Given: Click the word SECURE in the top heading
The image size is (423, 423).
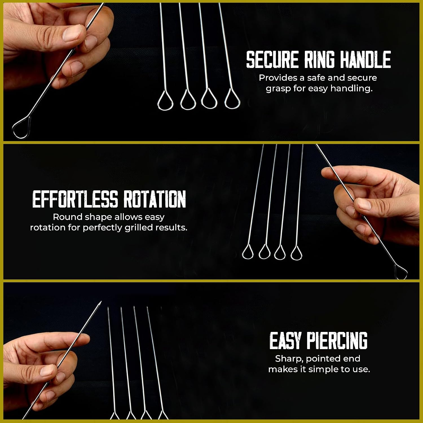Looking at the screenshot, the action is [272, 60].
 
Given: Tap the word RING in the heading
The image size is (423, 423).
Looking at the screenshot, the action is [319, 60].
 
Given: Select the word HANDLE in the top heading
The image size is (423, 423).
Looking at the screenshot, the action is [365, 60].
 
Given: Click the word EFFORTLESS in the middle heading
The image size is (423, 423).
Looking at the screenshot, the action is [75, 199].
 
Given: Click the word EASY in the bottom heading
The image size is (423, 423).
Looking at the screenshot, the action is [285, 341].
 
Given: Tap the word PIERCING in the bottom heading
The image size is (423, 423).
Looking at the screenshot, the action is [337, 341].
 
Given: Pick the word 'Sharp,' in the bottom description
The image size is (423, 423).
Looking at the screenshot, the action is [289, 359].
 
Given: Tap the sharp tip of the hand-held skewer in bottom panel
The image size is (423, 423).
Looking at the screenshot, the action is [101, 302].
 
